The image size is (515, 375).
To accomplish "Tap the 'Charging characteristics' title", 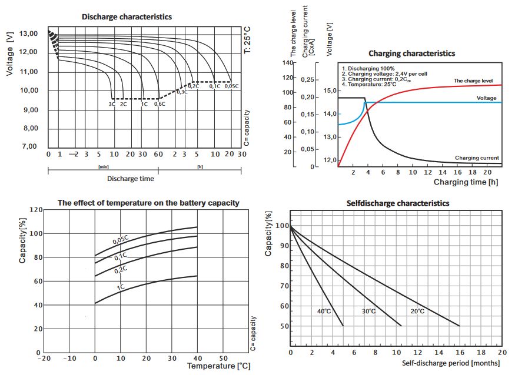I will click(411, 53).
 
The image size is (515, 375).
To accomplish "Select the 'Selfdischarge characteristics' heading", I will click(398, 203).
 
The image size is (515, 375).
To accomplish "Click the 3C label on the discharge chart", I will click(111, 104).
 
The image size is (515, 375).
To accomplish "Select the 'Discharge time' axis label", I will click(131, 179).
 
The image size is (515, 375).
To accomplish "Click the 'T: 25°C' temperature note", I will click(247, 39).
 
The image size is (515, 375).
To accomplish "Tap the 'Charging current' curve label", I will click(477, 158).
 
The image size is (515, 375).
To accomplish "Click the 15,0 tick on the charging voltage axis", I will click(330, 91).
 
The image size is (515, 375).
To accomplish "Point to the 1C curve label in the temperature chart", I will click(120, 287).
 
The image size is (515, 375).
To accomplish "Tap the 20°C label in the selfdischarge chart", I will click(417, 311).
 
